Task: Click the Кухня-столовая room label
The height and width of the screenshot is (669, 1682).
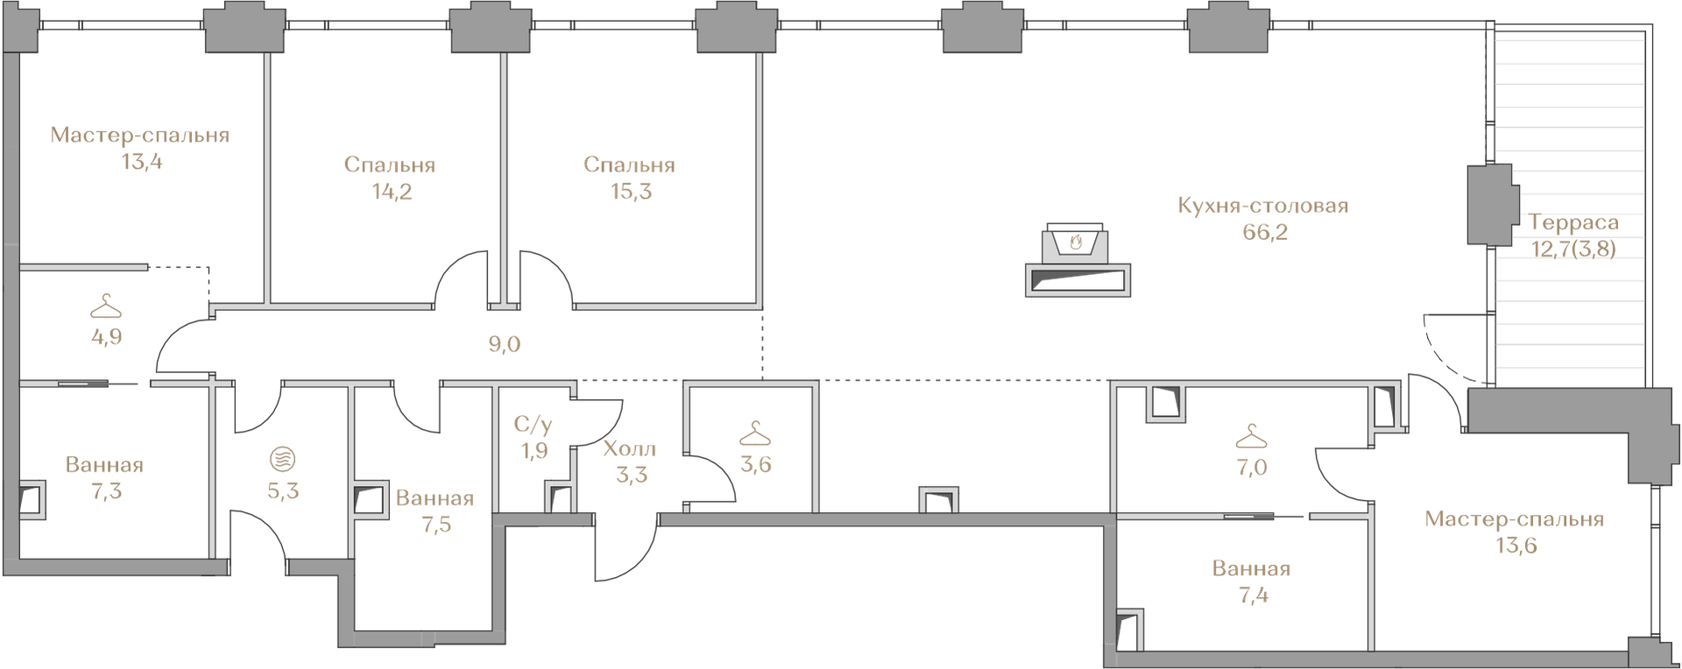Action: coord(1262,207)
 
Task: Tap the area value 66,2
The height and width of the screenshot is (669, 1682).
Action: coord(1265,233)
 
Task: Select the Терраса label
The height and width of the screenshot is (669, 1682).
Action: coord(1573,222)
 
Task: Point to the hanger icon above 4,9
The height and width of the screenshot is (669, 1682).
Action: coord(106,306)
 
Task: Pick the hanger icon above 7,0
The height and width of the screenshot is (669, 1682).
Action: coord(1252,436)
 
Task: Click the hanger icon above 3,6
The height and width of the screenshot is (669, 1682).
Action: coord(755,433)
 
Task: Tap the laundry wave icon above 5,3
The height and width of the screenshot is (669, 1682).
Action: coord(283,459)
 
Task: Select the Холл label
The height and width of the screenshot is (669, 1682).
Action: coord(630,449)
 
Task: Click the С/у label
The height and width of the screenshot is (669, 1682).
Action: coord(533,426)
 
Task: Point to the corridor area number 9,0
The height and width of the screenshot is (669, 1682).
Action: coord(505,344)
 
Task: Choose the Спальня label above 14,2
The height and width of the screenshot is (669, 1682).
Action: coord(390,165)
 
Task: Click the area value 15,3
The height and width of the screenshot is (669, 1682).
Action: coord(631,192)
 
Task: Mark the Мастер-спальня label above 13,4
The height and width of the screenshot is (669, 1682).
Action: coord(140,136)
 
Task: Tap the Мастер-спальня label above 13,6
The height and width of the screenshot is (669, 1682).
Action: coord(1515,519)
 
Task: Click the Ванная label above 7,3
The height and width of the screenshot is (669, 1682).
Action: coord(104,465)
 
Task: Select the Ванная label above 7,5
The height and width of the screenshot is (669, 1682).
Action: coord(435,498)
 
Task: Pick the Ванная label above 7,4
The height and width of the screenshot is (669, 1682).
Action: coord(1251,569)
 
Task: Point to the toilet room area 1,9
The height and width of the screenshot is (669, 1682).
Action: coord(534,452)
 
